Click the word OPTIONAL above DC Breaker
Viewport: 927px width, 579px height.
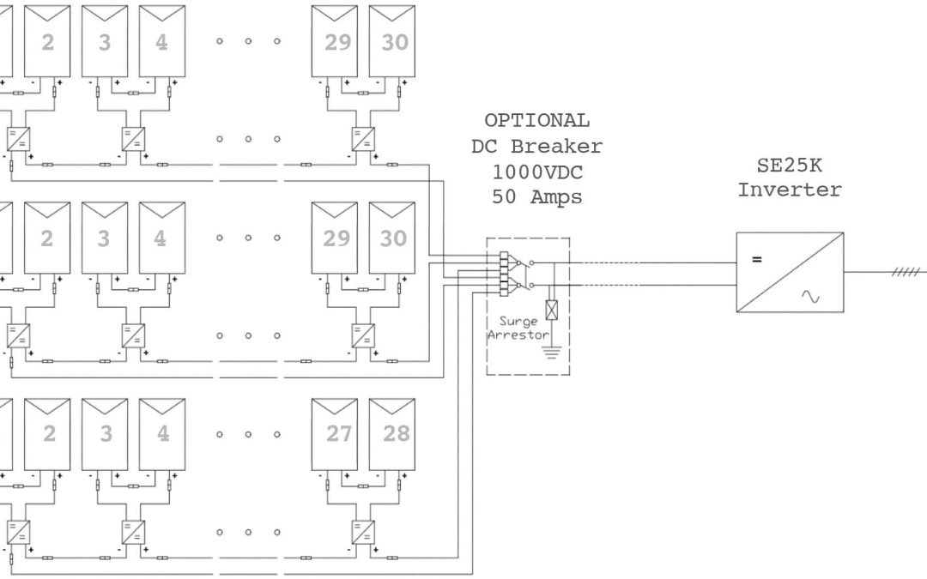[x=536, y=121]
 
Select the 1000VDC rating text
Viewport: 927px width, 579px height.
[x=537, y=172]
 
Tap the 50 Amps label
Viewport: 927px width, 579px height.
[x=536, y=196]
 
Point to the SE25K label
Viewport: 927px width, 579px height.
[x=790, y=166]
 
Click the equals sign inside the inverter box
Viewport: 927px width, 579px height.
[x=757, y=259]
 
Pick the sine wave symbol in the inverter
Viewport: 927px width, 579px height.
[x=810, y=296]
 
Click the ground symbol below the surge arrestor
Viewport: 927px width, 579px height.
[x=552, y=353]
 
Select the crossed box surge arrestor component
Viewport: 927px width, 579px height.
[x=552, y=311]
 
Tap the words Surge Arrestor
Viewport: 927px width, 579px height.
[x=518, y=328]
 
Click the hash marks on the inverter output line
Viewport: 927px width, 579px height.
[x=906, y=272]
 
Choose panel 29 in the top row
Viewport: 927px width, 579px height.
[x=335, y=41]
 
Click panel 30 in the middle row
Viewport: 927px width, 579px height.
[x=392, y=238]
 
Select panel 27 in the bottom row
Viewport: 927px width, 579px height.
[x=335, y=434]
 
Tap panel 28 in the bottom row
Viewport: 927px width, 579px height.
[x=392, y=434]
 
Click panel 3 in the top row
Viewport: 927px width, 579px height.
[x=105, y=41]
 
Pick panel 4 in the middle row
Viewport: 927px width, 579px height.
[x=162, y=238]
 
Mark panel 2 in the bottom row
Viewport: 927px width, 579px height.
[x=47, y=434]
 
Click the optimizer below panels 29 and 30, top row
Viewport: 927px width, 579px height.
[x=363, y=140]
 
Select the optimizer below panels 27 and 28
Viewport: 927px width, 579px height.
[x=363, y=533]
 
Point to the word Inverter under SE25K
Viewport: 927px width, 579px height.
[x=790, y=190]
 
